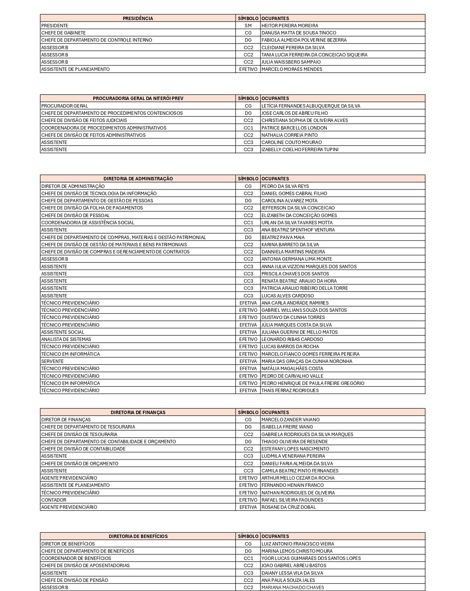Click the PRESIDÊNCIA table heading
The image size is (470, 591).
point(138,18)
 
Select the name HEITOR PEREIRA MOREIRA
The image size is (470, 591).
point(290,25)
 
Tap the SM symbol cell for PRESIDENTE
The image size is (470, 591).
point(248,25)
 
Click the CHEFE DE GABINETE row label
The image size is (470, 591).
point(63,33)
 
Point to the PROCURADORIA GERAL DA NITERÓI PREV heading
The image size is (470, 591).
point(138,98)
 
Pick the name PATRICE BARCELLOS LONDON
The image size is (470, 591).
point(294,128)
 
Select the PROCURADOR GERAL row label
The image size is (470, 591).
point(64,106)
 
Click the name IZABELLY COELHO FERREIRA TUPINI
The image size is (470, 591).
point(300,150)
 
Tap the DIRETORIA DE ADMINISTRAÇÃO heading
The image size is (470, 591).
point(138,178)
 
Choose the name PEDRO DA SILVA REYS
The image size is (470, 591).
point(285,186)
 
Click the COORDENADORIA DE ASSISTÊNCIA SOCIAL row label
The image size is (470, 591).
point(88,222)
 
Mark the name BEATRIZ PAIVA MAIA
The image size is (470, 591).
point(283,237)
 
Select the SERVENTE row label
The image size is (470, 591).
point(52,361)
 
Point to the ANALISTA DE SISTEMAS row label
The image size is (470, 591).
point(66,339)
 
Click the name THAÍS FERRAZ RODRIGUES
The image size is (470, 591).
point(290,390)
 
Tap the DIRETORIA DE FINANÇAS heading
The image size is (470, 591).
point(138,412)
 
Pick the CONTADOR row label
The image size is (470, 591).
point(53,500)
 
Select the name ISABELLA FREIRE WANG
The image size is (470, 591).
point(287,427)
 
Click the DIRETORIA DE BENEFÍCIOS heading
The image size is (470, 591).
point(138,536)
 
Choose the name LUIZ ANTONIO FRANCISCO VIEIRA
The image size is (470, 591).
point(298,544)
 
